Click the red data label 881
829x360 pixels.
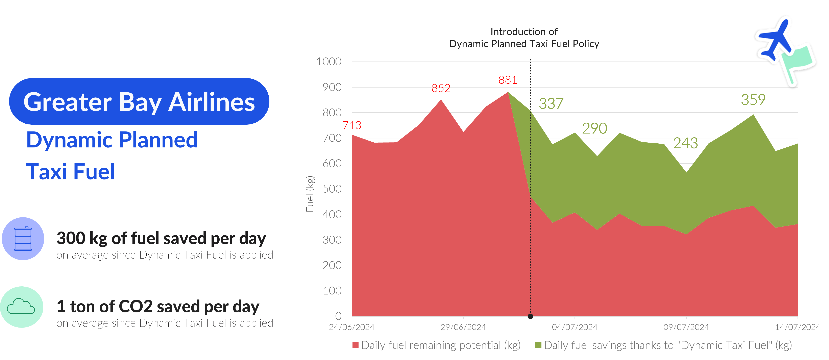[x=508, y=80]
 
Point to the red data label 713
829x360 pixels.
[x=352, y=125]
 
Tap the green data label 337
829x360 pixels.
[x=551, y=104]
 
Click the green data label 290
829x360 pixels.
[x=594, y=128]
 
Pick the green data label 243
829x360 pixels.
[x=685, y=143]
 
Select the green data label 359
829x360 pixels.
[x=753, y=100]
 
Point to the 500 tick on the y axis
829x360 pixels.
[x=332, y=189]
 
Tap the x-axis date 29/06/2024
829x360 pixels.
[x=463, y=327]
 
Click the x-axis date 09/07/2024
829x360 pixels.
[x=686, y=327]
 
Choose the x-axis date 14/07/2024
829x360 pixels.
[x=798, y=327]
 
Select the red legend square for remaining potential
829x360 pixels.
[x=355, y=345]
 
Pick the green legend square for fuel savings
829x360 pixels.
[x=538, y=345]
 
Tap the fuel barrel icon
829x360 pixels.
[x=23, y=239]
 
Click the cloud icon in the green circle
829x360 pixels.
[x=21, y=306]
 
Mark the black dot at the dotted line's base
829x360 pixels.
[x=530, y=316]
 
